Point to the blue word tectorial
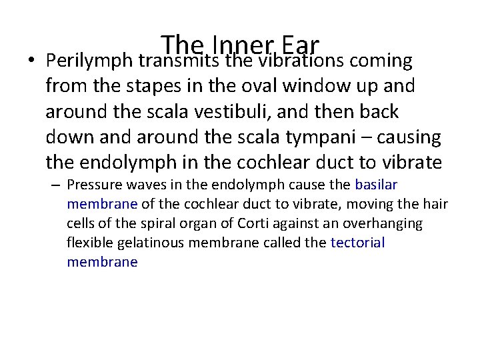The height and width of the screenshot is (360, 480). (x=358, y=243)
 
